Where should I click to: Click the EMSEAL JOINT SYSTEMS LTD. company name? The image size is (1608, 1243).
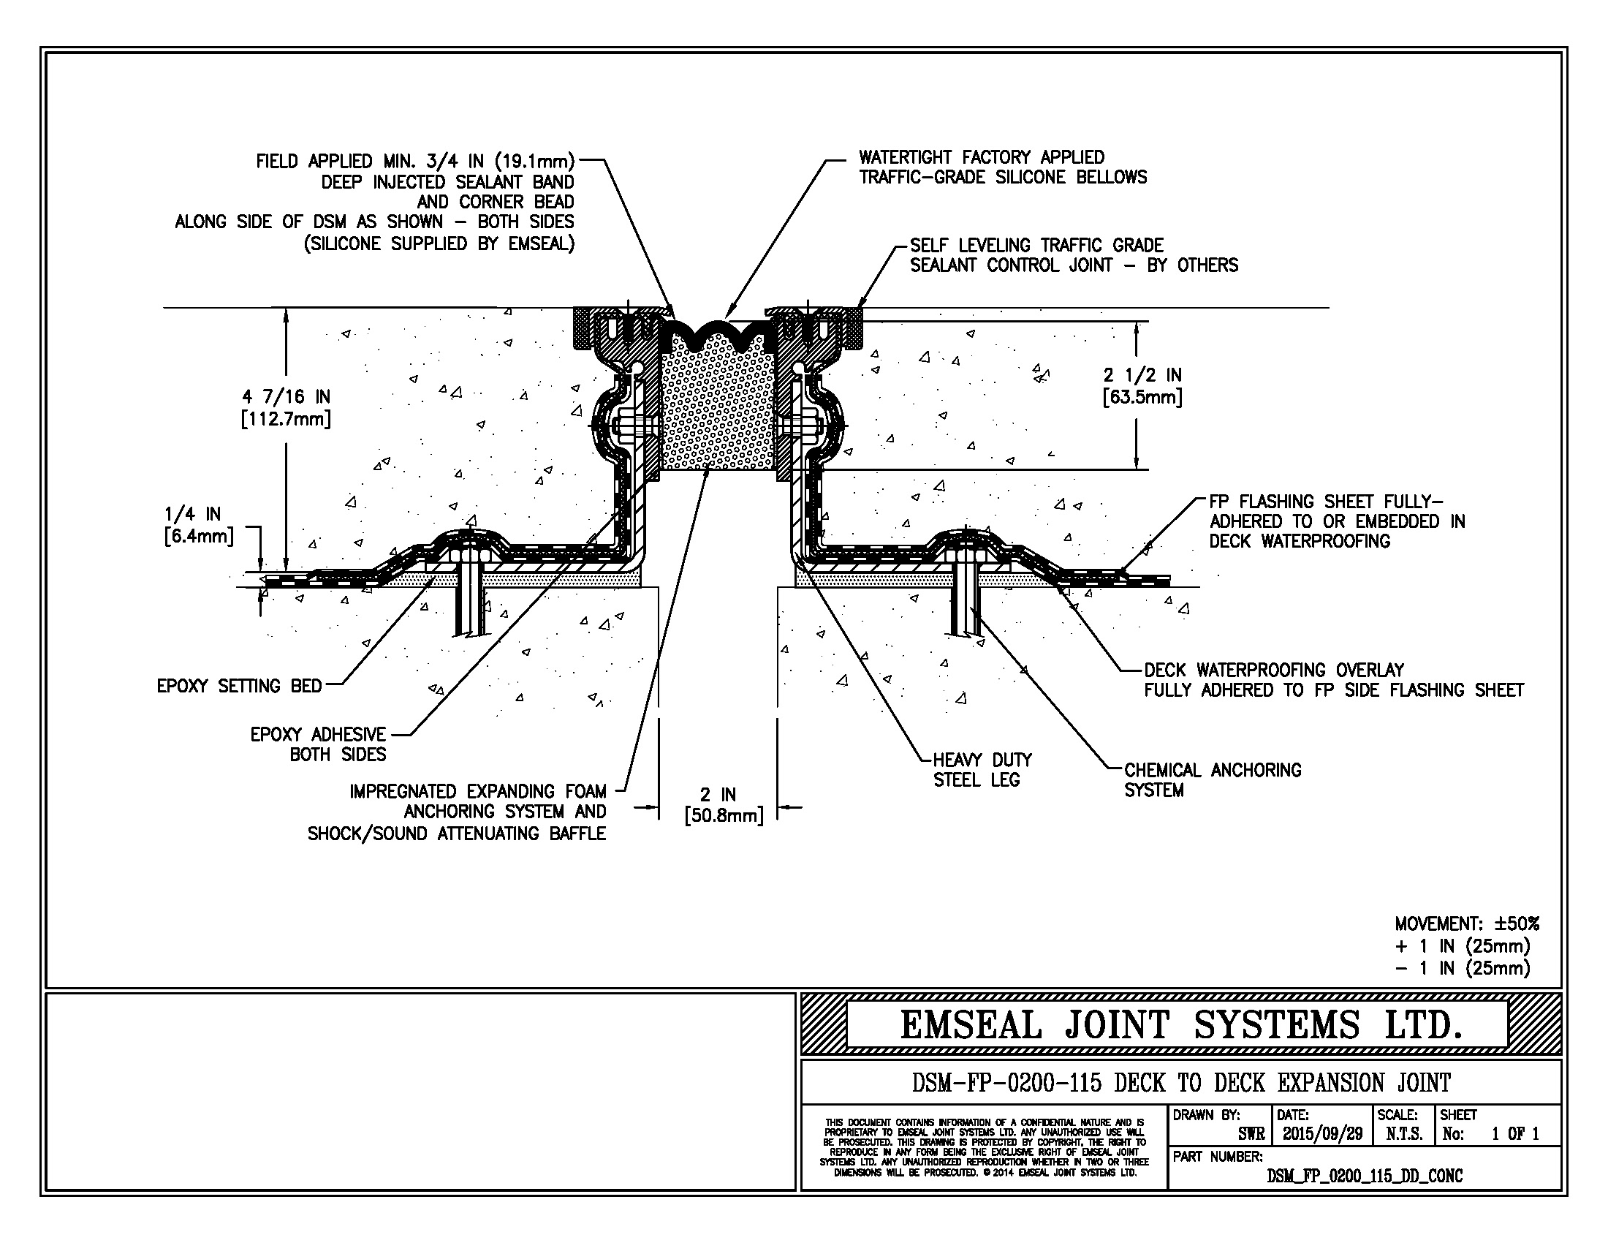click(1180, 1025)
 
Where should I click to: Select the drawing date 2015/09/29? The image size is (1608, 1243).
click(1322, 1134)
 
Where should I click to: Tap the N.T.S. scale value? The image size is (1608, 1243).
click(1404, 1134)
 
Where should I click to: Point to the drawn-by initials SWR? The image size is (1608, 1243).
click(1251, 1134)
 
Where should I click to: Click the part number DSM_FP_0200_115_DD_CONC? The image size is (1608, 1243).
click(1365, 1176)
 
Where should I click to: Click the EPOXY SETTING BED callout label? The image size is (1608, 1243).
click(239, 687)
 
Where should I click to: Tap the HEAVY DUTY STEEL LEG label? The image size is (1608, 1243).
click(982, 769)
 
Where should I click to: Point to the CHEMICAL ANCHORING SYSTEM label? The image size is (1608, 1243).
click(1212, 780)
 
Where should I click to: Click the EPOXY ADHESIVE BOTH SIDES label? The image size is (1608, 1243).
click(318, 744)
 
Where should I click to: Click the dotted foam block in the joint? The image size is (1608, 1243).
click(718, 412)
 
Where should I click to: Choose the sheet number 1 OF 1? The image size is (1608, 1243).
click(1514, 1134)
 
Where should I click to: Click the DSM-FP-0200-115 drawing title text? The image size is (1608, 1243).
click(1180, 1083)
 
